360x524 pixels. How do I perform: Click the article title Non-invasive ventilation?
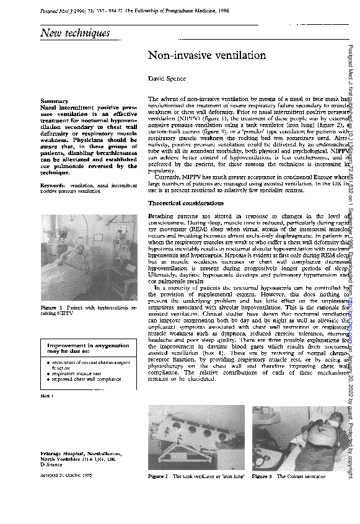[206, 56]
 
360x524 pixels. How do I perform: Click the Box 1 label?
[47, 395]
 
